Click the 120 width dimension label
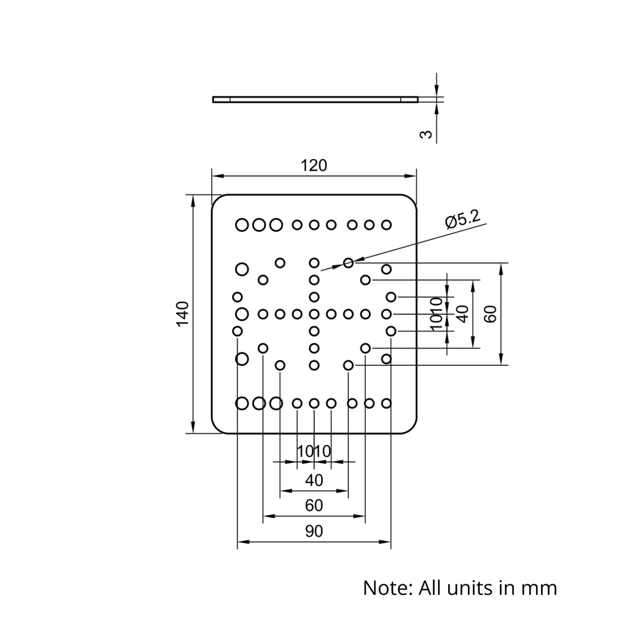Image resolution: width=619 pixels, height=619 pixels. [x=314, y=165]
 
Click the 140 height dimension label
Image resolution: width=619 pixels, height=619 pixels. [x=182, y=314]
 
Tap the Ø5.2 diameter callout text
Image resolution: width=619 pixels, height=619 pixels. [x=462, y=219]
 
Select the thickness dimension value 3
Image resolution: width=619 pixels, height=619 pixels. [x=426, y=134]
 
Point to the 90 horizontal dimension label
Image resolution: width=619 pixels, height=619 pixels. [x=314, y=532]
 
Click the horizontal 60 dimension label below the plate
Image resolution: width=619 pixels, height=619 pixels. [x=314, y=506]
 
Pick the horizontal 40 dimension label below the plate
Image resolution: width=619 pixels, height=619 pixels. [x=314, y=480]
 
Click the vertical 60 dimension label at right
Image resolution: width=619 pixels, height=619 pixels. [x=490, y=314]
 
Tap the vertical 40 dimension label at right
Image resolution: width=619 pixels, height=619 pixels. [x=462, y=314]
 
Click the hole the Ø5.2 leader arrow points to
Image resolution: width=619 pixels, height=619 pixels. [x=348, y=263]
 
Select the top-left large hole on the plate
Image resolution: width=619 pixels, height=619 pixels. [x=242, y=224]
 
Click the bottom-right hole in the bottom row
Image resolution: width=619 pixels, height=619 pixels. [x=386, y=404]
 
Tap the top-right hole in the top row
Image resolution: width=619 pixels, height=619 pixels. [x=386, y=224]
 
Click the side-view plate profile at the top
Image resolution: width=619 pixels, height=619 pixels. [x=315, y=99]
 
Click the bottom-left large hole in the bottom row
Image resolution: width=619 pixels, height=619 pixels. [x=242, y=404]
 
